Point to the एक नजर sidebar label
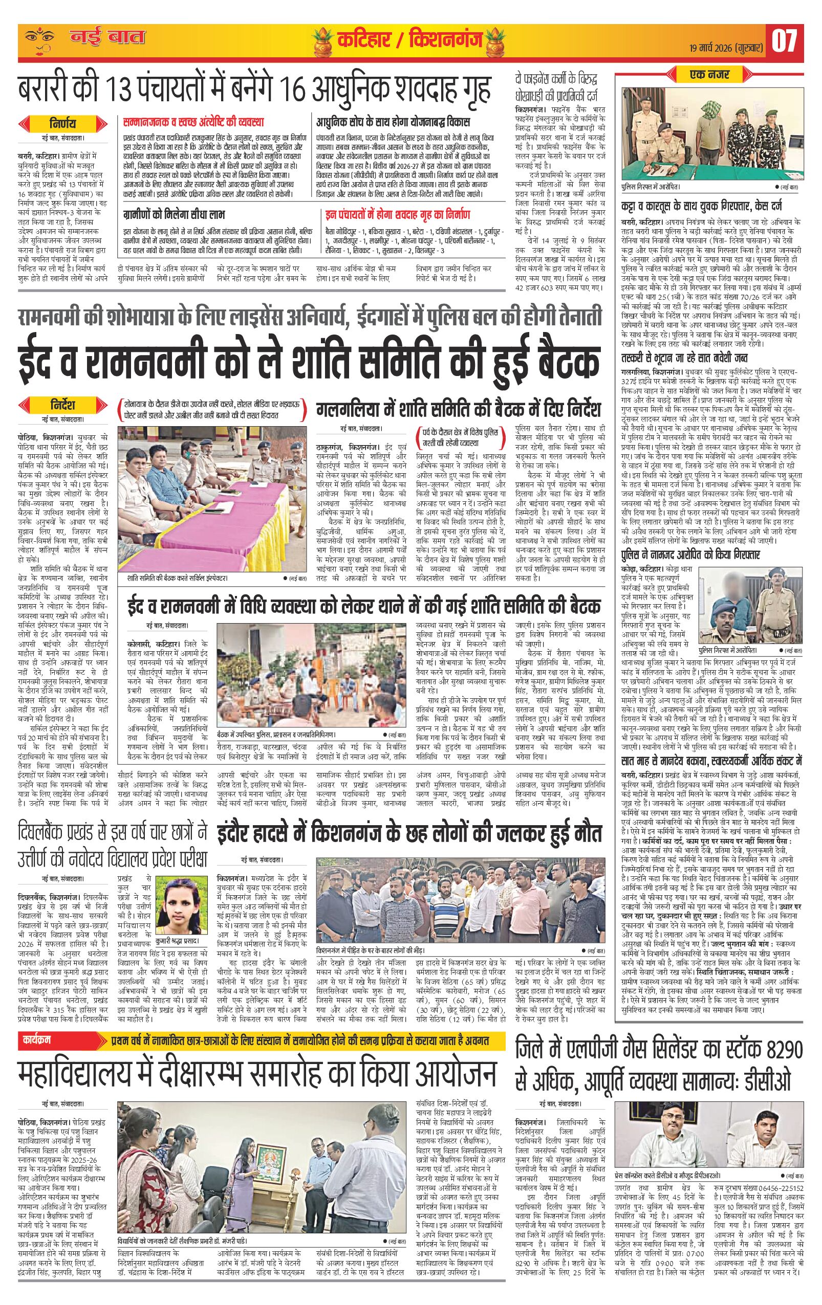click(710, 74)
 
